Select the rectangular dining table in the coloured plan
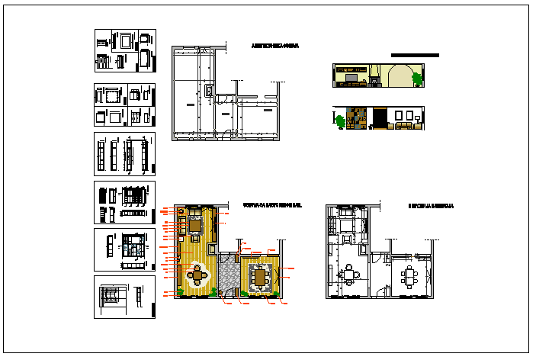click(262, 277)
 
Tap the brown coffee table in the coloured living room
click(195, 225)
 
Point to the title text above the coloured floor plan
click(272, 206)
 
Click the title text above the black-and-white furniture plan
click(431, 206)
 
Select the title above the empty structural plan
click(274, 47)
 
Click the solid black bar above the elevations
click(415, 55)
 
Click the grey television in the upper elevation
click(352, 76)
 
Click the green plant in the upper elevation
click(416, 77)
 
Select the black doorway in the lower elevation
click(378, 119)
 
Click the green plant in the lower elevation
click(339, 120)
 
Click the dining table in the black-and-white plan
click(412, 275)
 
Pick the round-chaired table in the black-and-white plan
click(350, 275)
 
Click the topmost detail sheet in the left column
click(125, 50)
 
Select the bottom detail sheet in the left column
click(124, 297)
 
